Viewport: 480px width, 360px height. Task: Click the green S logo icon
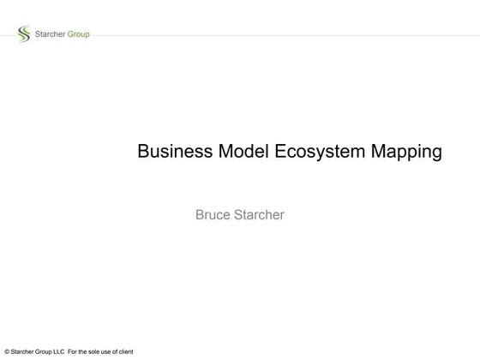23,34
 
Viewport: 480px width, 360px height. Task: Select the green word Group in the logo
78,34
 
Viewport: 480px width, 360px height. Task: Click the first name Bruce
213,214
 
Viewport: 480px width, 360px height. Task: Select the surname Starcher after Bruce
260,214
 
